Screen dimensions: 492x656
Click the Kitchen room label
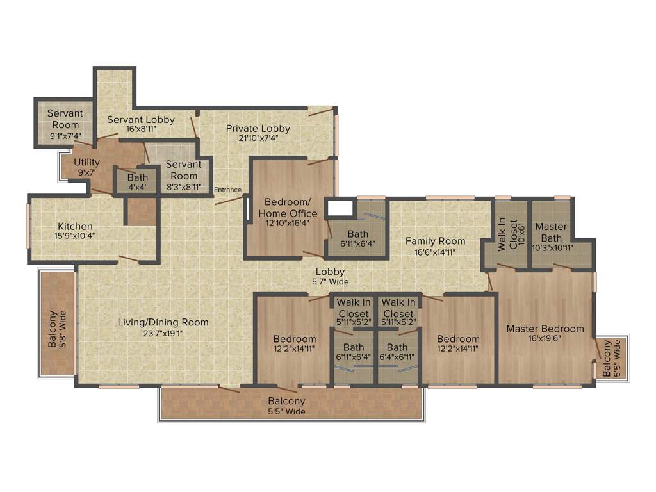(x=75, y=227)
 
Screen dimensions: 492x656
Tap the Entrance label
(x=227, y=190)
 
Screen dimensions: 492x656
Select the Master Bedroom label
(x=545, y=329)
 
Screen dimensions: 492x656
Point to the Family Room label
(x=435, y=241)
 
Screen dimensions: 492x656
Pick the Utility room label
(x=86, y=162)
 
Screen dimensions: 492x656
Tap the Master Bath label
(x=551, y=227)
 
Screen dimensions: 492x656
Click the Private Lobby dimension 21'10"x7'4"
(x=258, y=138)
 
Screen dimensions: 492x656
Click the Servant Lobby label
(x=140, y=119)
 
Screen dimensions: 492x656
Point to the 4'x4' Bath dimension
(x=137, y=188)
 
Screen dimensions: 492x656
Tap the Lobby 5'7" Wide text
(x=330, y=276)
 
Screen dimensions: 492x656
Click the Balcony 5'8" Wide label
(x=57, y=329)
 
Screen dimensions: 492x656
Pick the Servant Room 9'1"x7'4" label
(x=65, y=125)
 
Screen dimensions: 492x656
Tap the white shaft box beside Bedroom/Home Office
(x=341, y=208)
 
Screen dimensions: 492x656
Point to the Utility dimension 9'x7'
(x=86, y=172)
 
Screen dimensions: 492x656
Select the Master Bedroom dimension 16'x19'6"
(x=545, y=340)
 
